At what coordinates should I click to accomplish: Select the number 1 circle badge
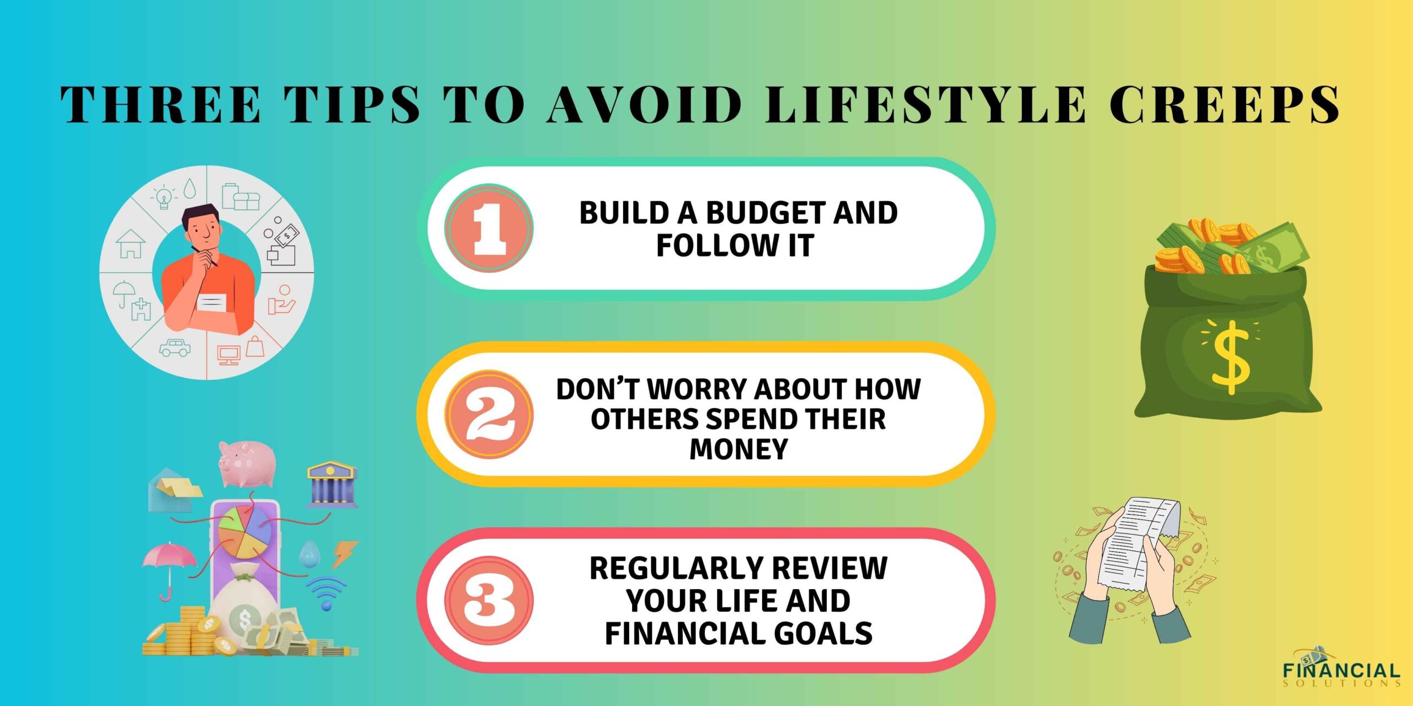pos(489,228)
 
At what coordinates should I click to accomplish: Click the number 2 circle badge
pos(489,414)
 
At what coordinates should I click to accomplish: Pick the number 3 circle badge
pos(489,600)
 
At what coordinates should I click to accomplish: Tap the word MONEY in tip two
pos(739,449)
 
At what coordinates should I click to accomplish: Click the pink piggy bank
pos(247,463)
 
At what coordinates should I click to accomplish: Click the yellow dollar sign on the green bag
pos(1230,357)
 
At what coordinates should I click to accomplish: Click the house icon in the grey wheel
pos(131,244)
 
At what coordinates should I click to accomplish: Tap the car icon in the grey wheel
pos(175,347)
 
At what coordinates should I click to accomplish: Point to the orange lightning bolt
pos(344,554)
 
